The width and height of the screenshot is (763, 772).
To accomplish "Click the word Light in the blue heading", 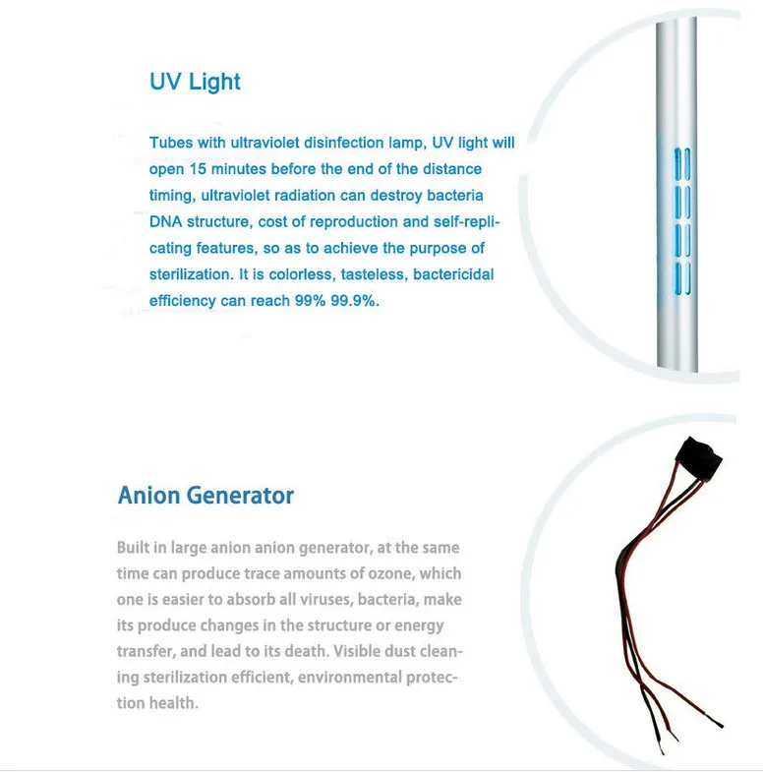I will click(214, 82).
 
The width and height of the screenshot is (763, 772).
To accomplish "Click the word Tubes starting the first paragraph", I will click(171, 143).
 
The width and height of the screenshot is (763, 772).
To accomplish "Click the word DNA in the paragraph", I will click(165, 221).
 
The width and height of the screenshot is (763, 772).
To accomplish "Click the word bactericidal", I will click(453, 274).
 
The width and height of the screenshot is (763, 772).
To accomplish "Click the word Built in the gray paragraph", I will click(134, 547).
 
